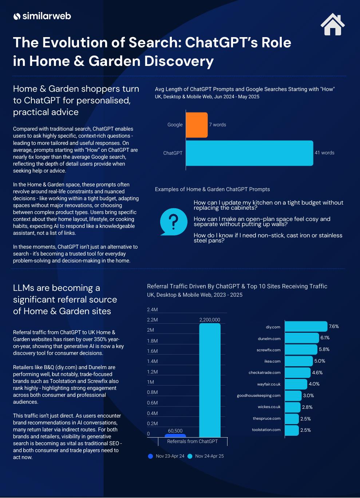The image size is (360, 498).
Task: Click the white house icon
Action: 333,25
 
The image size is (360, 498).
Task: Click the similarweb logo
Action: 42,16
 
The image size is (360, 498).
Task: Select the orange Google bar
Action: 197,125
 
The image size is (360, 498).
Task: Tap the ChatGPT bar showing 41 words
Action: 249,153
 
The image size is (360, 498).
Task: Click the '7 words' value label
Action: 217,125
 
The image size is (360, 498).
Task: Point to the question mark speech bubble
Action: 174,221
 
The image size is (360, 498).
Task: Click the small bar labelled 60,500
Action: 175,435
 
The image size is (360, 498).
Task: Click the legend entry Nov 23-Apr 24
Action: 166,456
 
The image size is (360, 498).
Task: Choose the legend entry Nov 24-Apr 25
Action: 206,456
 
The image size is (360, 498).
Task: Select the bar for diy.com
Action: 306,327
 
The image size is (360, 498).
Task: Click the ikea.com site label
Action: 272,361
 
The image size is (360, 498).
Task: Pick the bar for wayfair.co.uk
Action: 296,384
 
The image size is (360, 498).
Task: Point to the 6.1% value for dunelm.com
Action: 325,338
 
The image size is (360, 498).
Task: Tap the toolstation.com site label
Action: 266,430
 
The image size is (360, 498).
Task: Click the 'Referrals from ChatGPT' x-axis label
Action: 192,441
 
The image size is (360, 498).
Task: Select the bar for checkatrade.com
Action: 297,373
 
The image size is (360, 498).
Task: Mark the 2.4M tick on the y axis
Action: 152,310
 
